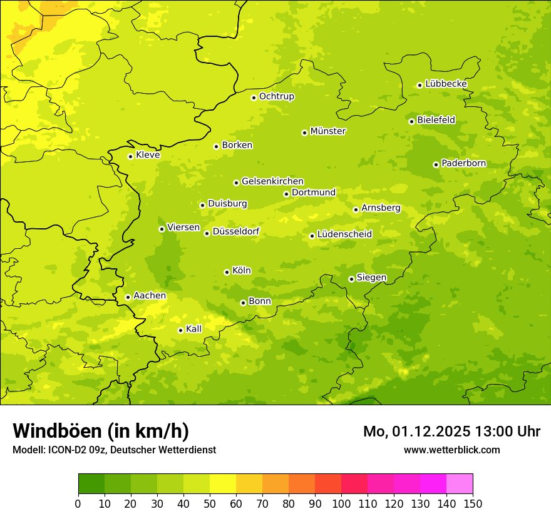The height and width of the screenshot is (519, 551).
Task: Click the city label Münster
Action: coord(327,131)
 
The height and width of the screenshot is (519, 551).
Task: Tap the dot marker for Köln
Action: coord(227,272)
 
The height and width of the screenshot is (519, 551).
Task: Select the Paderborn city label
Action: coord(463,163)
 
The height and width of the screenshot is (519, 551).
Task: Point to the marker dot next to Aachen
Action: coord(128,297)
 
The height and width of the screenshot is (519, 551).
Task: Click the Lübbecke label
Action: coord(446,84)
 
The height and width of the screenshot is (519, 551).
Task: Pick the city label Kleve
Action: coord(148,155)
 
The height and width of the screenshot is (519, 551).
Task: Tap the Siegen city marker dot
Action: coord(351,279)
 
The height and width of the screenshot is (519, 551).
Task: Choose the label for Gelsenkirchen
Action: coord(272,181)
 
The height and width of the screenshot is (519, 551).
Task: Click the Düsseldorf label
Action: coord(235,232)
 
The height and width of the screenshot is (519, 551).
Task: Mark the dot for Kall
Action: coord(180,330)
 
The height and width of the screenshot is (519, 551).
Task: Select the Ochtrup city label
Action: coord(276,96)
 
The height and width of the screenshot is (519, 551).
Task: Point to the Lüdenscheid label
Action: coord(344,234)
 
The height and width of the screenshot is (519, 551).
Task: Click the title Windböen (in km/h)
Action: coord(100,431)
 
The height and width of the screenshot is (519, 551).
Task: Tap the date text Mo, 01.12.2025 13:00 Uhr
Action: coord(451,431)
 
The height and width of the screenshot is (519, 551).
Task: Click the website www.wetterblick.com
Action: coord(451,450)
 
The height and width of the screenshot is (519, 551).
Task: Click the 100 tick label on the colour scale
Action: coord(341,503)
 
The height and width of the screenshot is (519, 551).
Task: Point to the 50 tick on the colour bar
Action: coord(210,503)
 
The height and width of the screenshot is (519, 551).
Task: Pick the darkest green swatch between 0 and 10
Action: coord(91,484)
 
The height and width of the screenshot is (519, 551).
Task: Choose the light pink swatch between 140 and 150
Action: coord(460,484)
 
